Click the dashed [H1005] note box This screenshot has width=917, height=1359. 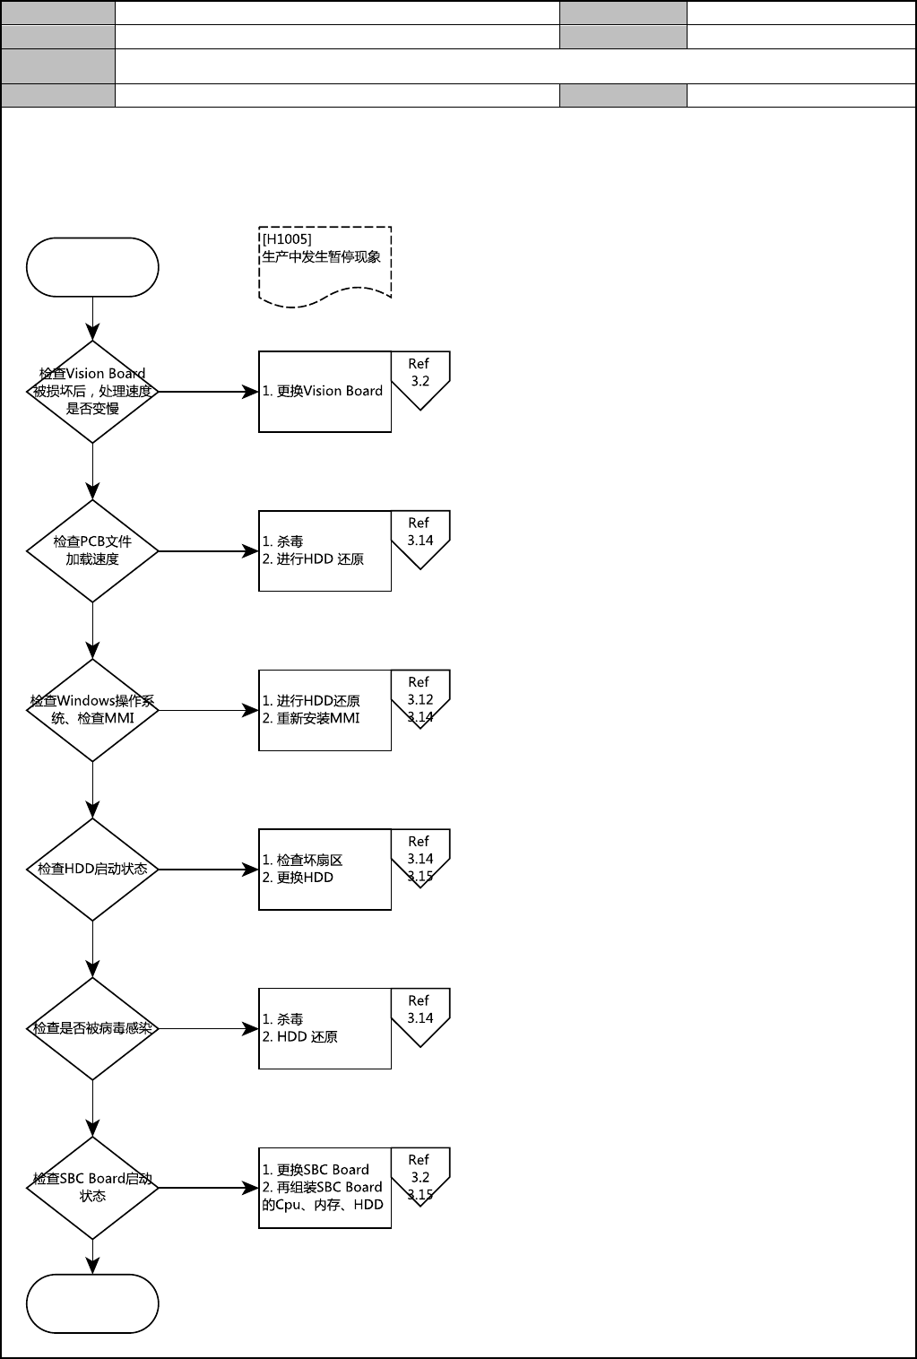click(x=325, y=267)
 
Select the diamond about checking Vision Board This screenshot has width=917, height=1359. click(x=92, y=392)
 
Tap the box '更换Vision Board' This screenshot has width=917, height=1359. click(x=325, y=392)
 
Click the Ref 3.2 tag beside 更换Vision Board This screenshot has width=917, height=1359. click(x=420, y=380)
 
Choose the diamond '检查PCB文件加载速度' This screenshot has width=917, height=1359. click(x=92, y=551)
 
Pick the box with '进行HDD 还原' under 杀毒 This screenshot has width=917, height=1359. click(x=325, y=551)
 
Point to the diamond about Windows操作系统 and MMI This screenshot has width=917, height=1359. click(x=92, y=710)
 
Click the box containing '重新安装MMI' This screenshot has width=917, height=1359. click(x=325, y=710)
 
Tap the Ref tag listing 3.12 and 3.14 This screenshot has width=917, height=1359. click(x=420, y=698)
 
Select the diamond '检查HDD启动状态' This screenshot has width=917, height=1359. click(x=92, y=870)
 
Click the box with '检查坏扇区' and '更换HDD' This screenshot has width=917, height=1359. click(x=325, y=870)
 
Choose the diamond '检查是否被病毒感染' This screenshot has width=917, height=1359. click(x=92, y=1028)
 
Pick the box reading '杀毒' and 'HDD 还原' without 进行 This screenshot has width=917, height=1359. click(x=325, y=1028)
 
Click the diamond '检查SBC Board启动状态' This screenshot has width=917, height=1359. click(x=92, y=1188)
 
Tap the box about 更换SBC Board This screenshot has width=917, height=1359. click(x=325, y=1188)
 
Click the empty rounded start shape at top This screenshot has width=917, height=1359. click(x=92, y=267)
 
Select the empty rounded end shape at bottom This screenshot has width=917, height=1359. click(x=92, y=1303)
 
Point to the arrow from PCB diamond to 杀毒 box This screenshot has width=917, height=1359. click(x=209, y=551)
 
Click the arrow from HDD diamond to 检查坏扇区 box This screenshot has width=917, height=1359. click(x=209, y=870)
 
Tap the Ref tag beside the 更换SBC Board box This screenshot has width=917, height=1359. click(x=420, y=1176)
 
